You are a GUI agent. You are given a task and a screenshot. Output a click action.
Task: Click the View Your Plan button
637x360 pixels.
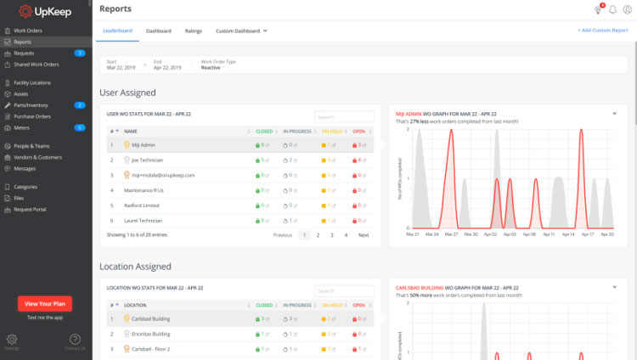[x=44, y=303]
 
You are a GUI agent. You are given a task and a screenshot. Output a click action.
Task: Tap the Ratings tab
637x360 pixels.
[x=193, y=31]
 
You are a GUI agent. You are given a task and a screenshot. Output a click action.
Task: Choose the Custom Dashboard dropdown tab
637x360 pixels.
[x=241, y=31]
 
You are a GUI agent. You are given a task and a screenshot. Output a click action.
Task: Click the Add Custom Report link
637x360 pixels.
[x=602, y=31]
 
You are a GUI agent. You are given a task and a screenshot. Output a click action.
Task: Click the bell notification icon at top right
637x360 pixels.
[x=612, y=9]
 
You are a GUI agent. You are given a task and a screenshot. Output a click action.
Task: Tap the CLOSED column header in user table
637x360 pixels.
[x=264, y=132]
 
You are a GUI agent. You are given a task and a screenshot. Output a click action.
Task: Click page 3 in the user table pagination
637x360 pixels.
[x=331, y=234]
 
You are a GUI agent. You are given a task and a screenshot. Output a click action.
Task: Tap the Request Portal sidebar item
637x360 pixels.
[x=31, y=208]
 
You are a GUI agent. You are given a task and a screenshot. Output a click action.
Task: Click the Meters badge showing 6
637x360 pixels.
[x=79, y=127]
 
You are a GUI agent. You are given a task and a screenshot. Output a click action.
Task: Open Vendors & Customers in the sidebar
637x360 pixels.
[x=37, y=157]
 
